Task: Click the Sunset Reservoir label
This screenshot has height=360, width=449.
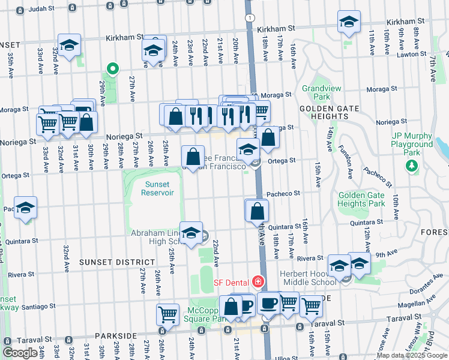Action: point(157,188)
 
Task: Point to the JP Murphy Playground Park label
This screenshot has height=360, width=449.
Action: point(412,144)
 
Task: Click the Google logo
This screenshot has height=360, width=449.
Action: point(20,353)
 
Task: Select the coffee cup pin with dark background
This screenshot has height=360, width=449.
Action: point(269,303)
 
